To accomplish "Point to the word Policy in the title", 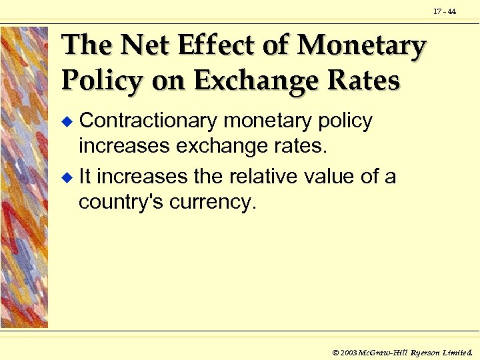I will [101, 81].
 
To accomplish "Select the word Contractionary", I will [148, 121].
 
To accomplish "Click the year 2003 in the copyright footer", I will [348, 351].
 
